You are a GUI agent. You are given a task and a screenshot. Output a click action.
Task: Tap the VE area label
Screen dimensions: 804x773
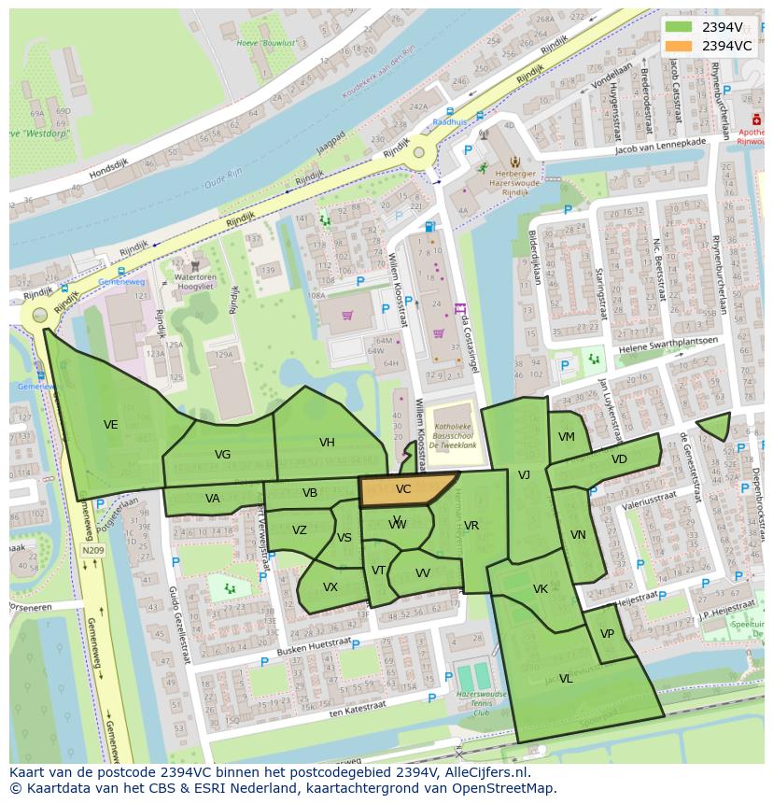tap(110, 425)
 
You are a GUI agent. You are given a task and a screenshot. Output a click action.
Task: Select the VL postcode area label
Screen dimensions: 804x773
tap(566, 679)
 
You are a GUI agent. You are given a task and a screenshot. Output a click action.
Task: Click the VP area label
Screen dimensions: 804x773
tap(607, 634)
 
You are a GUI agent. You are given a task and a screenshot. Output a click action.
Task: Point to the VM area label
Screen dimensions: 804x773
tap(567, 437)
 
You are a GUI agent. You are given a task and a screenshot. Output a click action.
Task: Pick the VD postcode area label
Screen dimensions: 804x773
tap(619, 459)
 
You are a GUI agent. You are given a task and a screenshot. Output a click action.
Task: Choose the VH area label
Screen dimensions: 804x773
tap(327, 443)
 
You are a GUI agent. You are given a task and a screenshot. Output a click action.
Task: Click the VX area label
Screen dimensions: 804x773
tap(330, 587)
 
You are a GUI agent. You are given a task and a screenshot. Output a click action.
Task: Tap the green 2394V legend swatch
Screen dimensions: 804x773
tap(679, 27)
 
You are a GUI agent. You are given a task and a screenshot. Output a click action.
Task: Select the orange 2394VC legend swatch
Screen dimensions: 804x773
tap(679, 46)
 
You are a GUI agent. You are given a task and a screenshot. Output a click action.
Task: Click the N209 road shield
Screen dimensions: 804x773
tap(92, 551)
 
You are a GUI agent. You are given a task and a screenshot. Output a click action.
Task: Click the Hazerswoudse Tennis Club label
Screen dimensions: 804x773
tap(481, 703)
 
